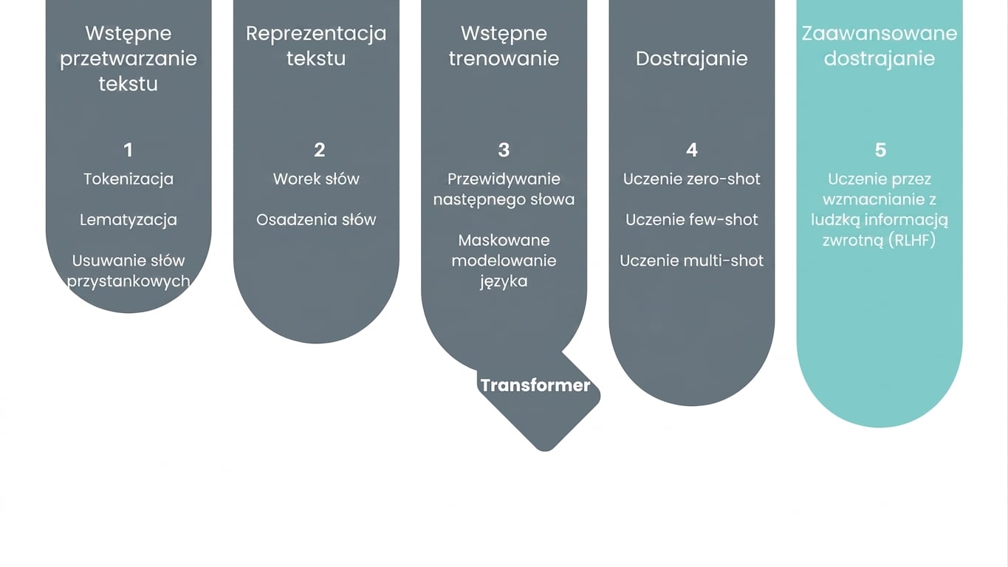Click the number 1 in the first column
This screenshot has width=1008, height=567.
point(128,150)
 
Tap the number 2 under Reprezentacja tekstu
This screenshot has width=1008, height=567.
point(320,150)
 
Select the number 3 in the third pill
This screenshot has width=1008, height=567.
point(504,150)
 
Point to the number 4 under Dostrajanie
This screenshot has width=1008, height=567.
point(692,150)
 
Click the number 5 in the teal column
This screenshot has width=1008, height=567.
point(880,150)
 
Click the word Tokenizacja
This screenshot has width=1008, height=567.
point(128,179)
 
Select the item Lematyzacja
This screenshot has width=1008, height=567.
point(128,219)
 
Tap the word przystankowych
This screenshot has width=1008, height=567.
point(128,281)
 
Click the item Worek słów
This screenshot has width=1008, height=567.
point(316,179)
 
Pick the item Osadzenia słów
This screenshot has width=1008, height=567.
point(316,219)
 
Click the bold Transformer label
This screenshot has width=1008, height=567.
point(535,385)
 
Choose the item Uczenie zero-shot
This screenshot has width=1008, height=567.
point(692,179)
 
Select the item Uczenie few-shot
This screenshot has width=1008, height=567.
point(692,219)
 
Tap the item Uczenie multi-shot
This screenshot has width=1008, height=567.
point(692,261)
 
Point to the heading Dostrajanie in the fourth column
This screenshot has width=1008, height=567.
point(692,58)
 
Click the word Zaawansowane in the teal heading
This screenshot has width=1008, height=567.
point(880,33)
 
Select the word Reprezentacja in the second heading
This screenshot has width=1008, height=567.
point(316,34)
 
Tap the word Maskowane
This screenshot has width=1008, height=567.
point(504,240)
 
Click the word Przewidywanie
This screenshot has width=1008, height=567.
point(504,179)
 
